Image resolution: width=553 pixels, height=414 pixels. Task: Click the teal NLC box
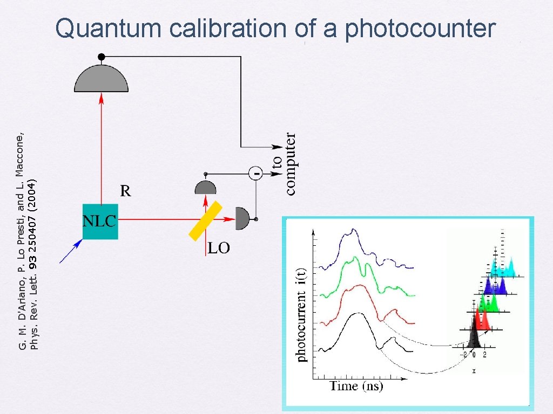click(x=100, y=221)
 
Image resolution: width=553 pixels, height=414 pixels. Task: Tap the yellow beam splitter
click(x=205, y=220)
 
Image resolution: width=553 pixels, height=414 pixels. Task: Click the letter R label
click(x=125, y=190)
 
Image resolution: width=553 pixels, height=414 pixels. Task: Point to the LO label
click(x=219, y=248)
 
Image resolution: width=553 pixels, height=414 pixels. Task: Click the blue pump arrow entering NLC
click(x=71, y=252)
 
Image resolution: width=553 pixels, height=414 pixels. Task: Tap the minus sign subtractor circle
click(x=255, y=173)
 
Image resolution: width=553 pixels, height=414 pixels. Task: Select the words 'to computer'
click(x=284, y=163)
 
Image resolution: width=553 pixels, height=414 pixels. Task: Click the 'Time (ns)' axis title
click(x=356, y=386)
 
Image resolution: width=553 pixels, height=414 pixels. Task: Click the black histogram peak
click(x=473, y=335)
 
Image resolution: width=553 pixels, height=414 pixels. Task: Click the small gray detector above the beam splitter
click(x=205, y=188)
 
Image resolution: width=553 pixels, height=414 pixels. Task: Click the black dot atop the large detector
click(x=101, y=57)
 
